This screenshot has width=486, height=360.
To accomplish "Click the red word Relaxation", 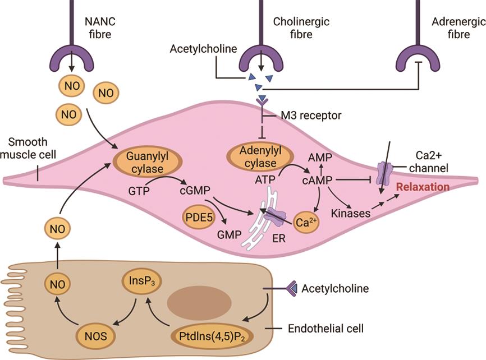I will click(423, 187).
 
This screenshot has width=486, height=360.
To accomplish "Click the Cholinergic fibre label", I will click(301, 28).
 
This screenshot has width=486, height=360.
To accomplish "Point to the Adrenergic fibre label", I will click(457, 28).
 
